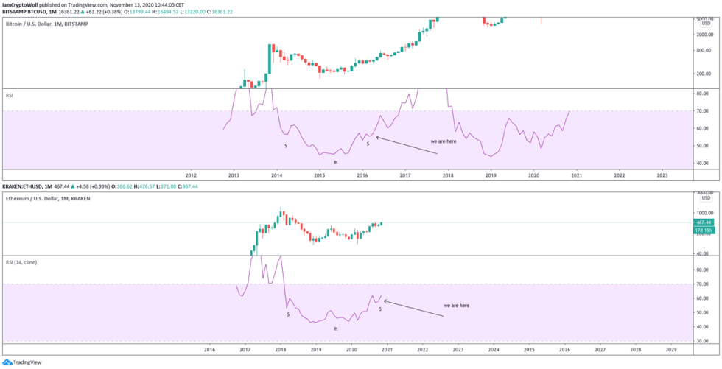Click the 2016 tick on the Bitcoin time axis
[362, 176]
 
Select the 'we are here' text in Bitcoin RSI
[444, 141]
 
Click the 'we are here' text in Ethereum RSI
[456, 305]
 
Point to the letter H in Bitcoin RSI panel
[335, 162]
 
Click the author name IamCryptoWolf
[20, 4]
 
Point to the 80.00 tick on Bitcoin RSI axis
[704, 94]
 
